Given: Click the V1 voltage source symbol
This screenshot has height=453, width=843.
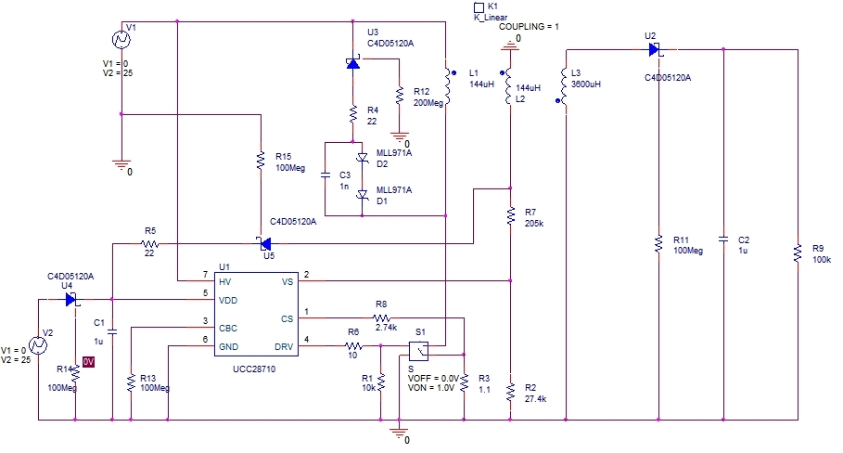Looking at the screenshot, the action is click(121, 39).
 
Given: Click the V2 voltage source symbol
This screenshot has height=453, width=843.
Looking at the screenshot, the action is click(38, 345).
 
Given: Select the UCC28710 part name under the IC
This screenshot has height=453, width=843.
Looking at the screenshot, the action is click(254, 369).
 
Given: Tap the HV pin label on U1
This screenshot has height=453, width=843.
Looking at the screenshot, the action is click(224, 281).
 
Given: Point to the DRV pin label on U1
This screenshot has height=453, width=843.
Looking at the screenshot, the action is click(284, 347).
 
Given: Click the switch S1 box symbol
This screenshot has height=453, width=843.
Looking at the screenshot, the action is click(419, 351).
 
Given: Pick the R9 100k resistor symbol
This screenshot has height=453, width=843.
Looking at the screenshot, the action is click(798, 253).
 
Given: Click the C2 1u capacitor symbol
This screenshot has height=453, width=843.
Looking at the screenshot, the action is click(723, 239).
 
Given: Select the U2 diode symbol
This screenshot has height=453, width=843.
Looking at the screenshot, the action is click(655, 50).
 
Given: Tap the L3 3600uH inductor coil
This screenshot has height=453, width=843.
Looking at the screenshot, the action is click(564, 85).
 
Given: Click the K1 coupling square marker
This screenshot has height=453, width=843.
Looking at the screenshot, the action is click(479, 7).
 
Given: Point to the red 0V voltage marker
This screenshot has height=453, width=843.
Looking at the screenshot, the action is click(89, 362).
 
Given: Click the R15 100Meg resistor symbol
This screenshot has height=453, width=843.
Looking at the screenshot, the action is click(261, 161).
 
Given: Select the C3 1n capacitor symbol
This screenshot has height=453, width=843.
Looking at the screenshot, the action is click(325, 175).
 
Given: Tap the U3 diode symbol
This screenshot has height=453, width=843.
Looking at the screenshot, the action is click(352, 63).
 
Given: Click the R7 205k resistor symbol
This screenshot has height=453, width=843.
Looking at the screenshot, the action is click(510, 215).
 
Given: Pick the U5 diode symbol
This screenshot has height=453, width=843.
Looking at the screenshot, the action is click(264, 244).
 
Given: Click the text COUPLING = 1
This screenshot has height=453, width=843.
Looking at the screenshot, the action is click(529, 26).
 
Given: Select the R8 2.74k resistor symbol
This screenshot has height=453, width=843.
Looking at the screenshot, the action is click(381, 318).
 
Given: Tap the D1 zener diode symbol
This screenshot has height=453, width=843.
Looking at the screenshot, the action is click(363, 195).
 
